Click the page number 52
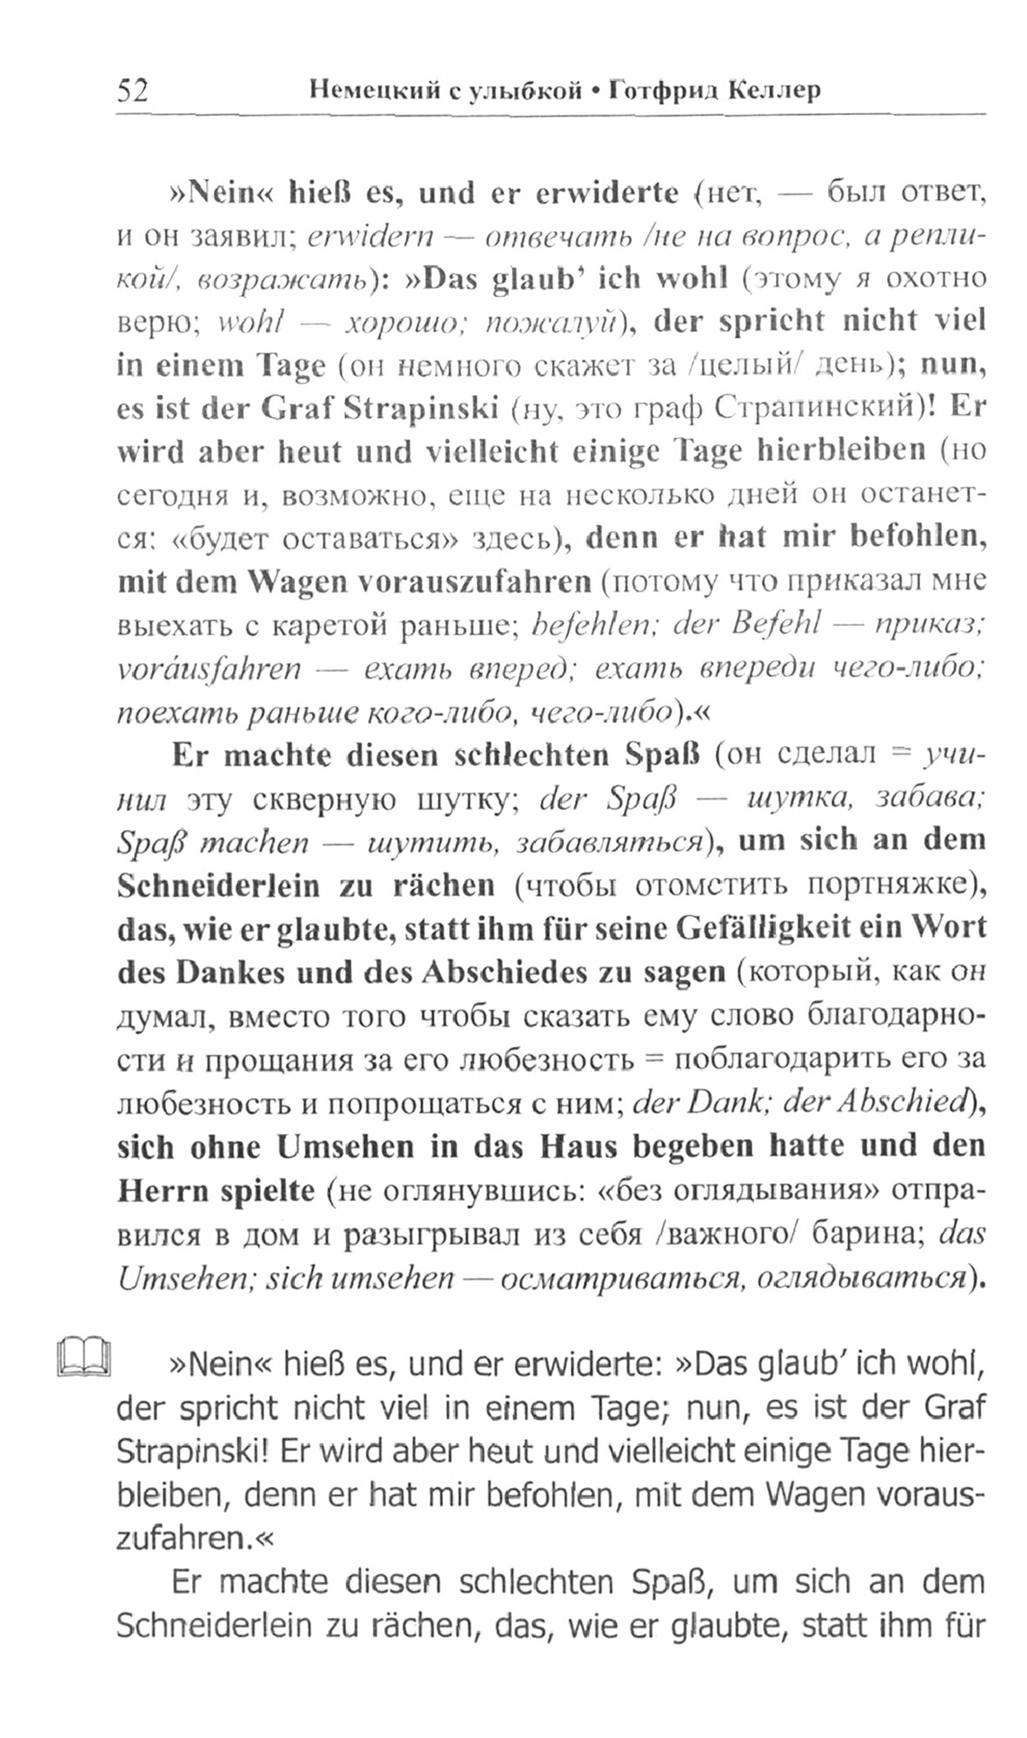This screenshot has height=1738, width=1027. point(132,90)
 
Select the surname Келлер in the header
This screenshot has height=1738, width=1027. point(768,90)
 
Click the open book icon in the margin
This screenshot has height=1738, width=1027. point(84,1357)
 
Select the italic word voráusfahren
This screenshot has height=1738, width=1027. point(209,668)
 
